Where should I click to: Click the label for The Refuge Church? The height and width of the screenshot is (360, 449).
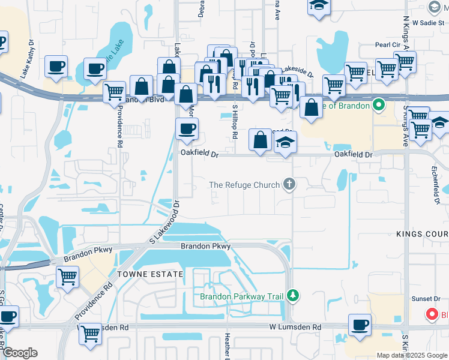244,185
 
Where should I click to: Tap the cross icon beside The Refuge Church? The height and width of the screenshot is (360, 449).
289,184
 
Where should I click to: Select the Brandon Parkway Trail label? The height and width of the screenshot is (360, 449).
242,296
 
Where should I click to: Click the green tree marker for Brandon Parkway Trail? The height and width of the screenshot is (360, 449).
292,295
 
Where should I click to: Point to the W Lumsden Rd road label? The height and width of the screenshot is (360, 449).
295,328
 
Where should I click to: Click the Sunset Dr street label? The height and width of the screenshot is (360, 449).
426,299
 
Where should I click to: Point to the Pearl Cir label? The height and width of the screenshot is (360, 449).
387,45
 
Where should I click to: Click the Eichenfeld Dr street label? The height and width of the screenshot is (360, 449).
436,188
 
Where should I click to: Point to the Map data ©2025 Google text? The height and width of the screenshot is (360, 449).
412,355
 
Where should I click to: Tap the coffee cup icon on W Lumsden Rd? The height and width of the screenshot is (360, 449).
360,325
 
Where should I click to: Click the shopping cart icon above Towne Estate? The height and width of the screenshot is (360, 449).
68,277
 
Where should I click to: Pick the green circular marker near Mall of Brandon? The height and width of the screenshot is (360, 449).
378,106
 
